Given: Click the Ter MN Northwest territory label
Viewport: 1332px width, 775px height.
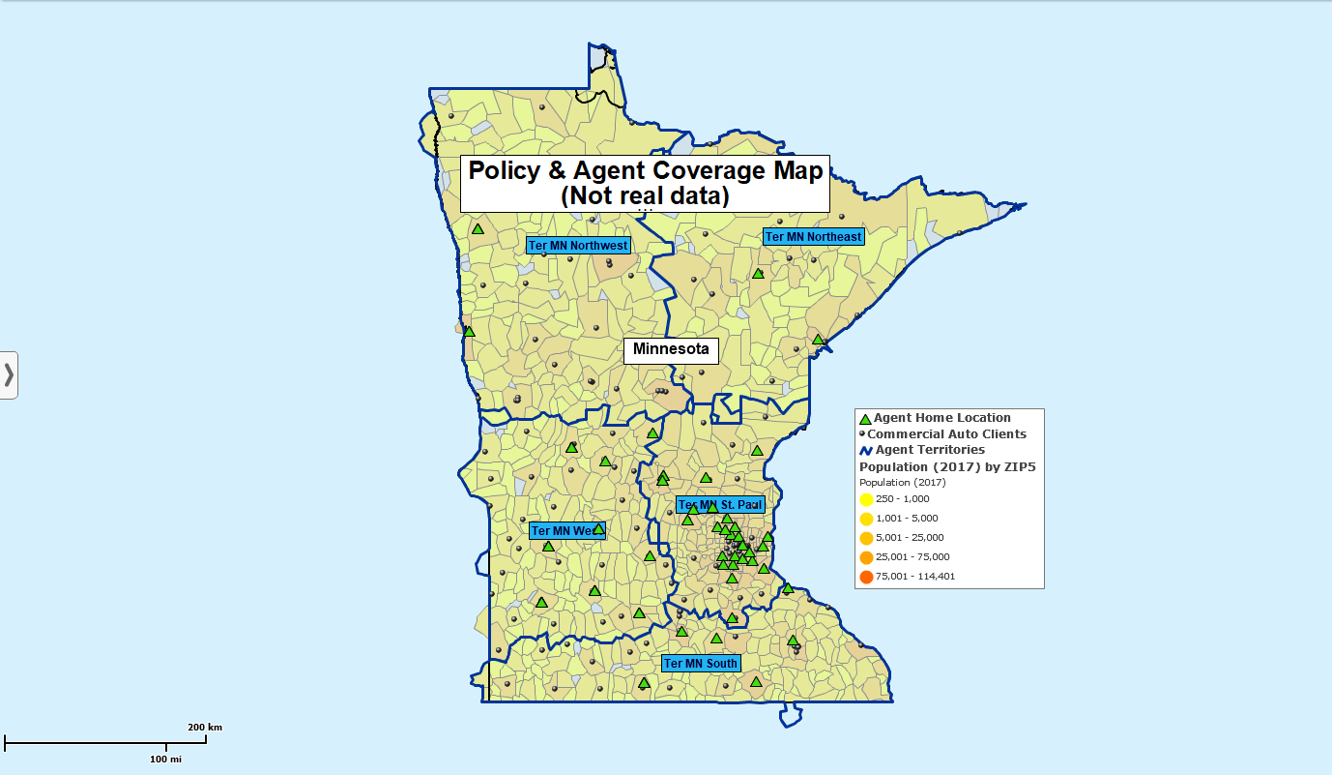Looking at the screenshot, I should point(578,246).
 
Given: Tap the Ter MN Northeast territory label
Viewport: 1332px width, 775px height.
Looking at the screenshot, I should point(812,236).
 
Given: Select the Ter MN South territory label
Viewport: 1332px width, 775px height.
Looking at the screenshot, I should point(701,664).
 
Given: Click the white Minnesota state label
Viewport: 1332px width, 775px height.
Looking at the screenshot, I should point(671,349).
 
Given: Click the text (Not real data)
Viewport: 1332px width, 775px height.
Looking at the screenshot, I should point(645,196).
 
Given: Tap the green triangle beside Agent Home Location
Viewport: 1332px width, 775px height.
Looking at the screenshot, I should point(865,419).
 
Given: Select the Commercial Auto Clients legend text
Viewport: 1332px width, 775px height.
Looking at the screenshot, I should point(946,434).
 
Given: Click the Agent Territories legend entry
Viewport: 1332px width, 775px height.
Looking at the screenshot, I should point(930,450).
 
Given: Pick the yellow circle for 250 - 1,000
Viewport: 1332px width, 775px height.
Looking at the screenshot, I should point(866,499).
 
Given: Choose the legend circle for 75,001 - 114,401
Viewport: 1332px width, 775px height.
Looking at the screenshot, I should point(866,578).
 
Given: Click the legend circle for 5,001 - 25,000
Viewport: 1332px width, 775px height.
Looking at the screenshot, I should point(866,539).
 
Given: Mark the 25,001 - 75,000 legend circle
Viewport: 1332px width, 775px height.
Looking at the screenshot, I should point(866,558).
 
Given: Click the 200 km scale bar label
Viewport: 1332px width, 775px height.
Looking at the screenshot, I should point(205,728).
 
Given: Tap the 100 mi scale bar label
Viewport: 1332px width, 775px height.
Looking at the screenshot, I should point(165,760).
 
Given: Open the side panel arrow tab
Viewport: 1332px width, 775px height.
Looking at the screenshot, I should point(9,374).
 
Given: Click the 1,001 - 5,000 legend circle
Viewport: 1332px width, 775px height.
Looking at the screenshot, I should point(866,519).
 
